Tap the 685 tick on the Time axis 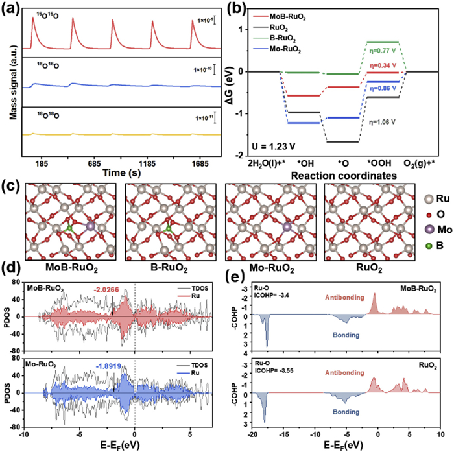(95, 164)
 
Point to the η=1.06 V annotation (382, 122)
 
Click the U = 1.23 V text (273, 146)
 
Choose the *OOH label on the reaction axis (379, 163)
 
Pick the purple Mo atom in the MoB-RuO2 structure (91, 226)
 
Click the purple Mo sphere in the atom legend (429, 230)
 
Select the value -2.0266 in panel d (106, 289)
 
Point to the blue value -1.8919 (108, 366)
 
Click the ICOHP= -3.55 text (274, 370)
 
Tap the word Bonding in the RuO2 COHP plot (346, 412)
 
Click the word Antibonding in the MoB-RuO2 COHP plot (344, 297)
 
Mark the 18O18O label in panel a (48, 115)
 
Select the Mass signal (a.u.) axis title (14, 88)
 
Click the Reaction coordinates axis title (344, 176)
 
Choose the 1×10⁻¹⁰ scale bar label (203, 70)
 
